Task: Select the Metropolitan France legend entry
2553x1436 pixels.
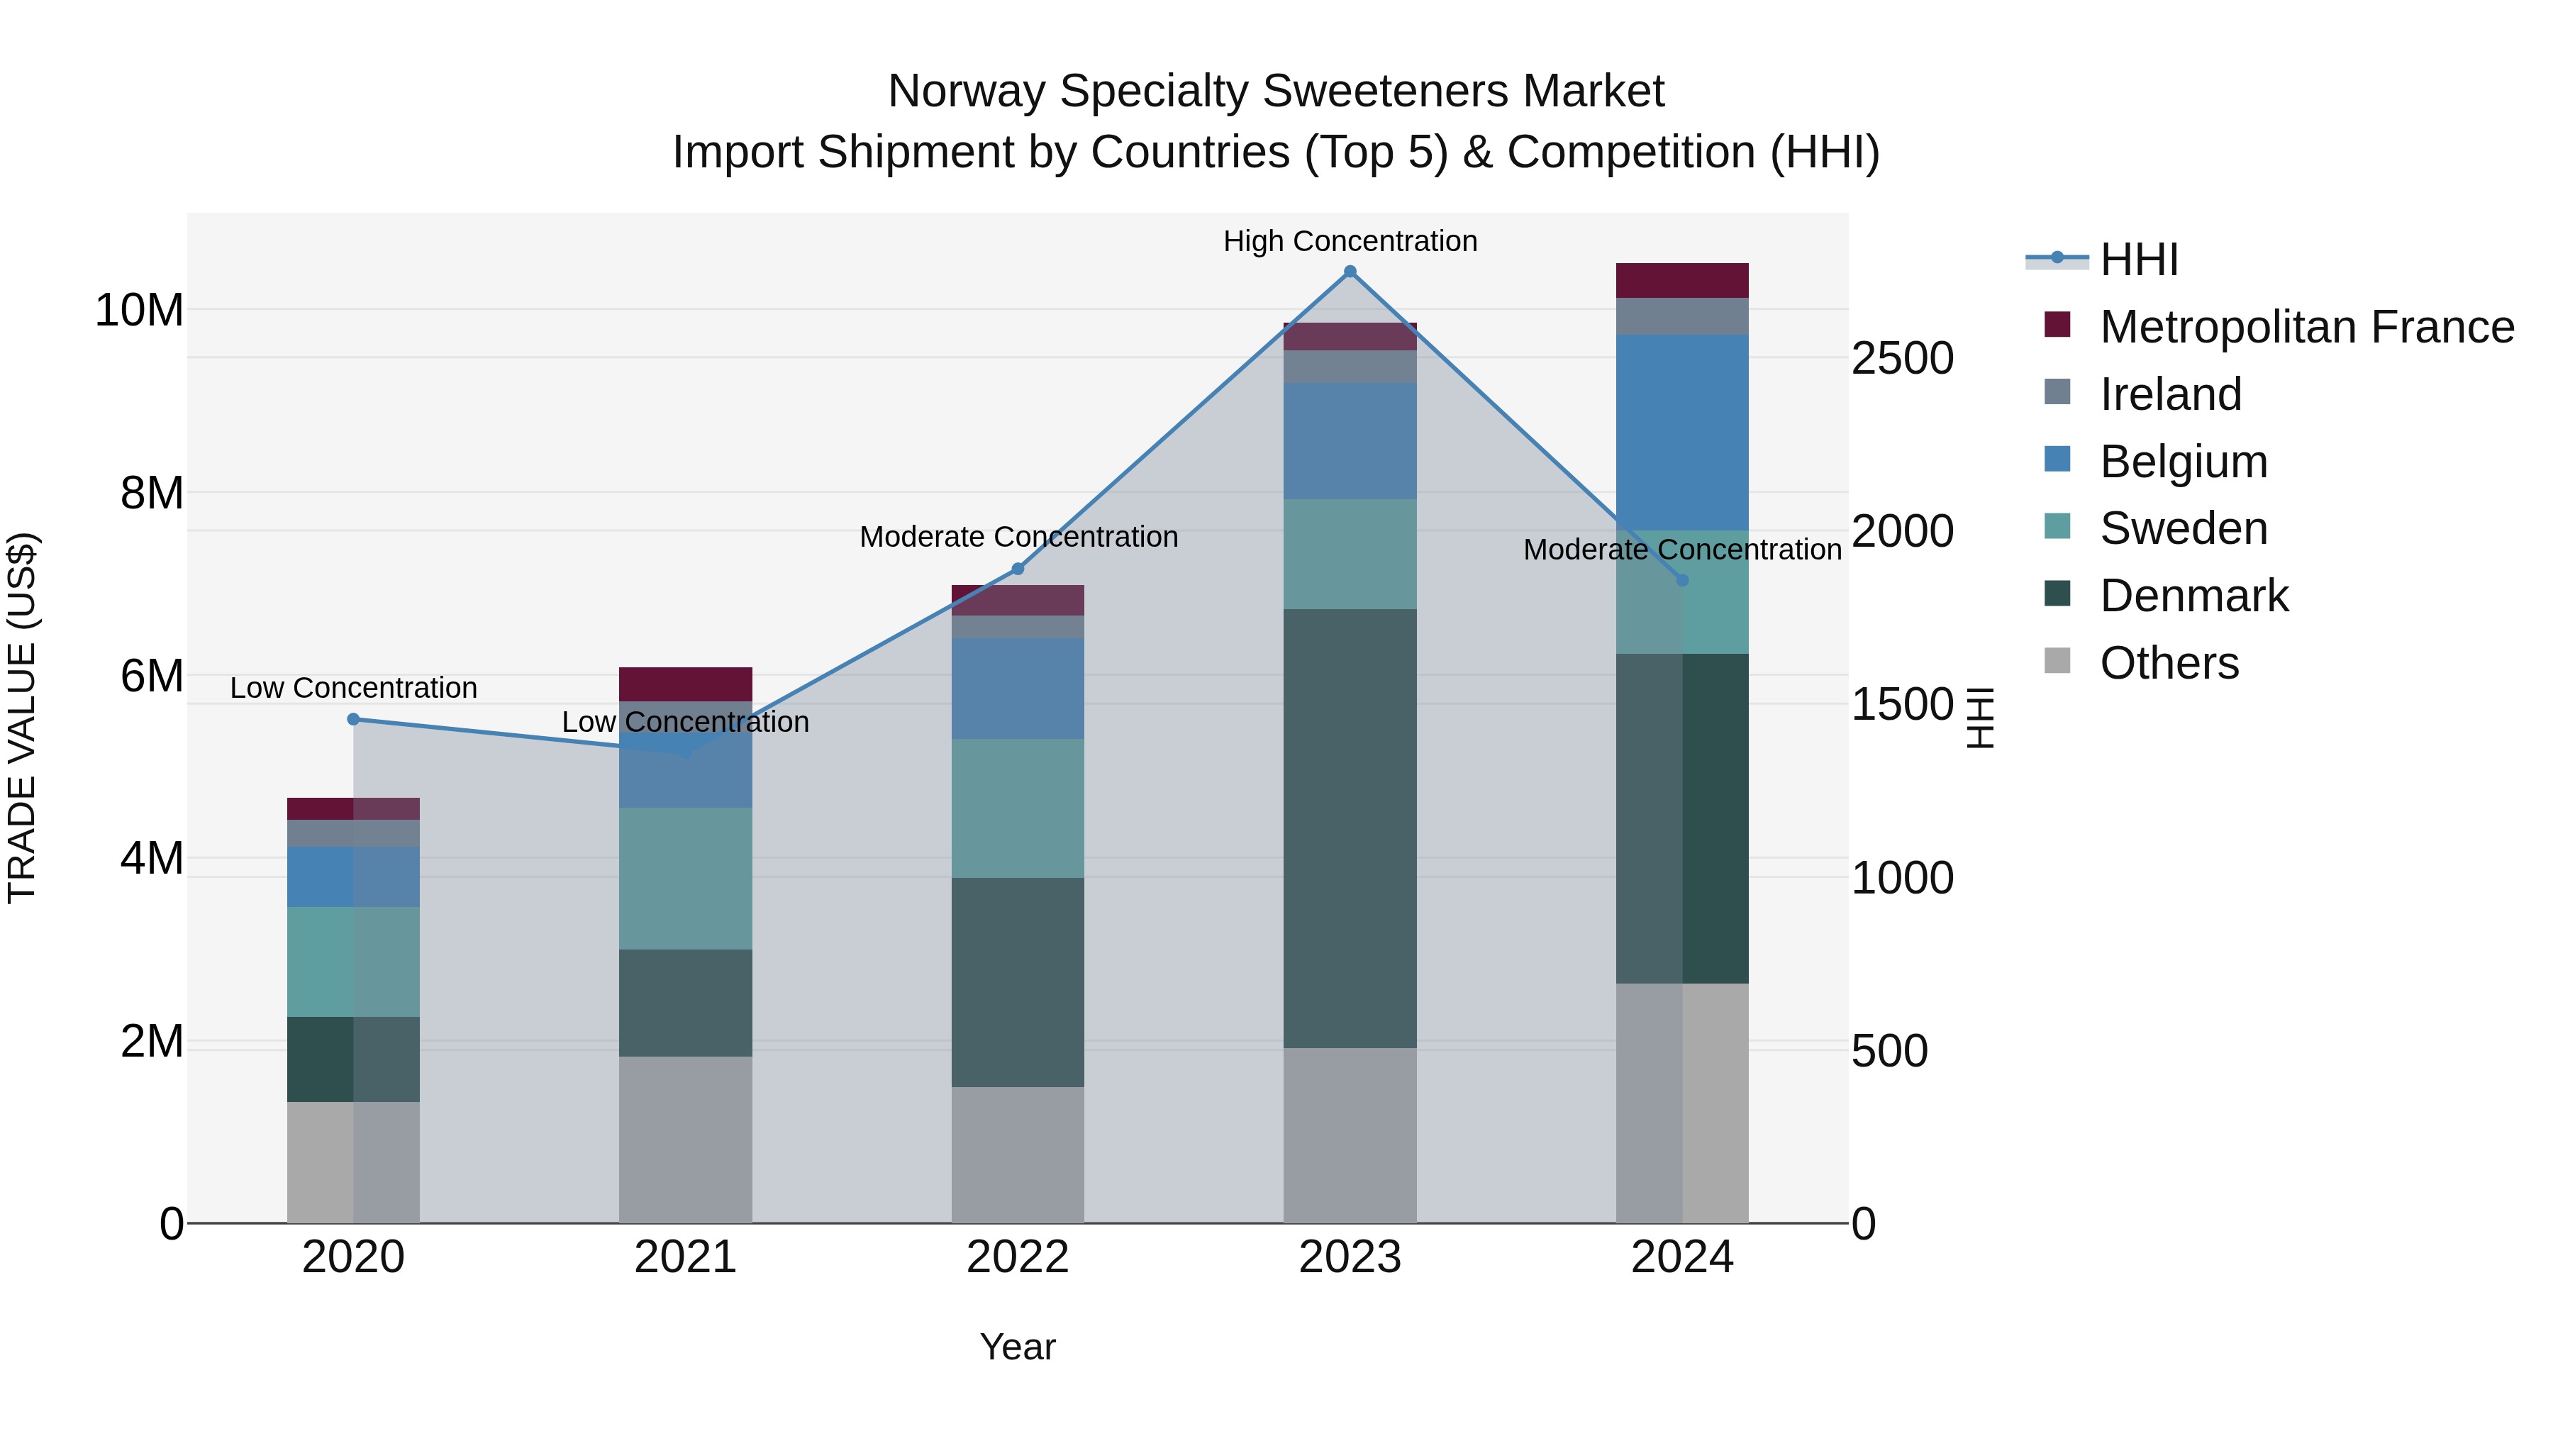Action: [2306, 327]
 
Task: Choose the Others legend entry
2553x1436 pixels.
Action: [2169, 663]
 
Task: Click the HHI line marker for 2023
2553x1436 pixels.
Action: [1350, 272]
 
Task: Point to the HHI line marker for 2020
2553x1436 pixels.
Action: [354, 720]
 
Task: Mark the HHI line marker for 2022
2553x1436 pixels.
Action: [1018, 569]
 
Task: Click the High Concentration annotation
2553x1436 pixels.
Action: [1350, 241]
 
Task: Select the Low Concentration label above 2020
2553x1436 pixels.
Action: [354, 688]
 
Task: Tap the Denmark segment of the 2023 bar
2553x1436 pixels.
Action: [1350, 828]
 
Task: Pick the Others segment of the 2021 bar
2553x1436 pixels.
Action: [686, 1139]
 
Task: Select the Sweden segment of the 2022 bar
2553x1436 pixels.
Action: [1018, 808]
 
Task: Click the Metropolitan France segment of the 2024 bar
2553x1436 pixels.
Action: [1682, 280]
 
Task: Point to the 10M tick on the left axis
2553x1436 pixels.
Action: [139, 310]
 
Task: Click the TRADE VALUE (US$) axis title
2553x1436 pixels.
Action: [22, 718]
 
